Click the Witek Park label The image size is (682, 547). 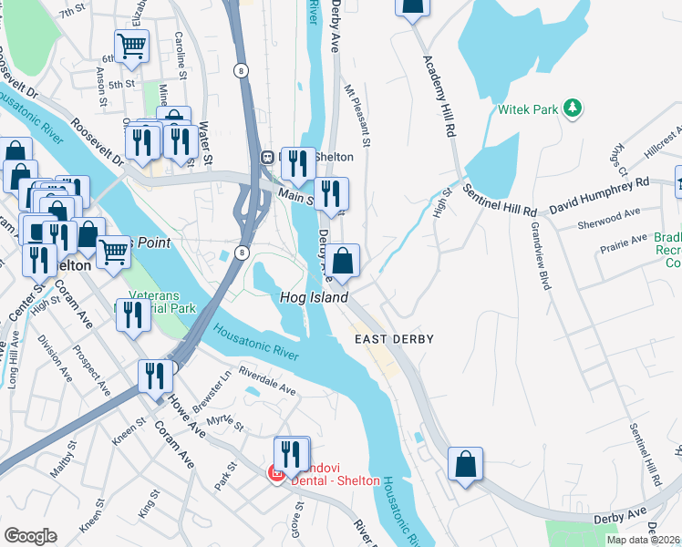[527, 110]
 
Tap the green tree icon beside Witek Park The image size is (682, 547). [573, 108]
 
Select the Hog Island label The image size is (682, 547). [313, 298]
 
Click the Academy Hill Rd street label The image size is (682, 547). [439, 96]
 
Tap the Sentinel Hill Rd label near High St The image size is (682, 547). [499, 200]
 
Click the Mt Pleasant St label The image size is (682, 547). [357, 116]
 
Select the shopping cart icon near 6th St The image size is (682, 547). [132, 46]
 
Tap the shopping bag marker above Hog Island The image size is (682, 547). [343, 262]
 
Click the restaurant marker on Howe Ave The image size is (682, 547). [156, 377]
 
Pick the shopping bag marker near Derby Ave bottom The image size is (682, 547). [465, 463]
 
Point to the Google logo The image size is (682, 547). [30, 536]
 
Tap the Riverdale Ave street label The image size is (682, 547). [267, 382]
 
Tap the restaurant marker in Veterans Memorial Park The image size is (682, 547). [134, 315]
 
